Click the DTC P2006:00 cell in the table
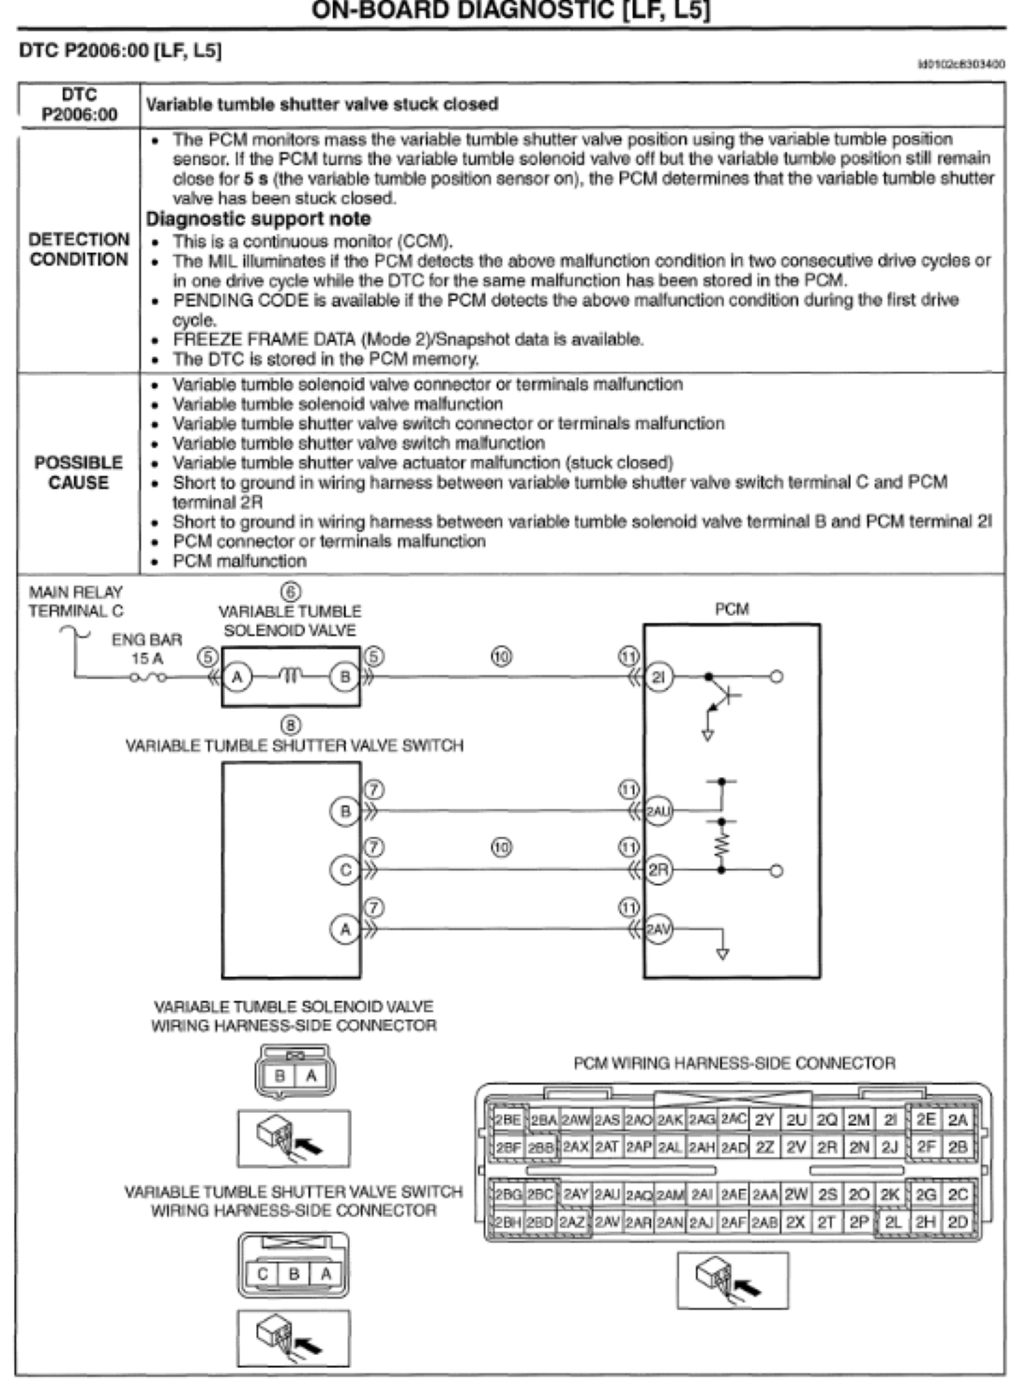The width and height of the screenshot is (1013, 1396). [x=79, y=104]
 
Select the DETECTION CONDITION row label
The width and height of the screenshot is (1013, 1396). [x=79, y=249]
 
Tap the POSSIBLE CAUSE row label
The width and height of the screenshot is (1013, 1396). [x=79, y=473]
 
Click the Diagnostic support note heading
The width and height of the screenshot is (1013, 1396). [x=258, y=218]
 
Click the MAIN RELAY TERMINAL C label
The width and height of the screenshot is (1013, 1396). [x=76, y=601]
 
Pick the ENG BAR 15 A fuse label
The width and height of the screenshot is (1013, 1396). [x=147, y=649]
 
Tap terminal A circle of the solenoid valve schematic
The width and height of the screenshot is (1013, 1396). [x=238, y=676]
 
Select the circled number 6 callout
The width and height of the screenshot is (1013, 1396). [x=291, y=592]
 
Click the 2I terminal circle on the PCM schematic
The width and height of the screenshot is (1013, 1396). [x=659, y=676]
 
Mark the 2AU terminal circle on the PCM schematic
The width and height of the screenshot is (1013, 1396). [x=659, y=811]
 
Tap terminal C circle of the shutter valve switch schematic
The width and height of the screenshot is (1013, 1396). [x=345, y=870]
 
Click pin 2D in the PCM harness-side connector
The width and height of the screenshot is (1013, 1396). [x=957, y=1223]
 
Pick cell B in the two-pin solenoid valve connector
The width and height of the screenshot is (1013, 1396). [x=280, y=1077]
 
